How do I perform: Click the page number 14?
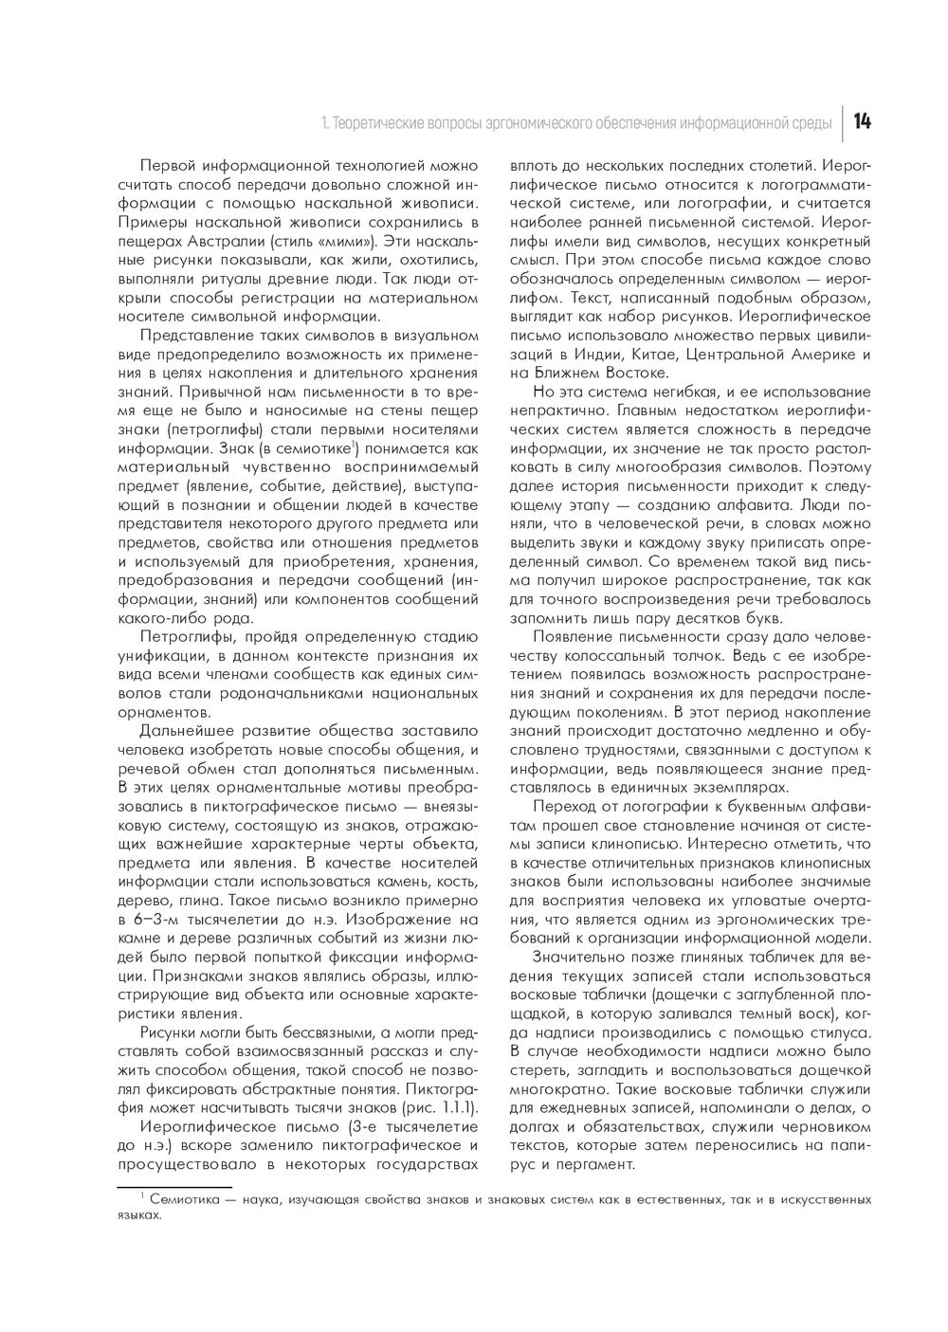tap(863, 121)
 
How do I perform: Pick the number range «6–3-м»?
tap(156, 919)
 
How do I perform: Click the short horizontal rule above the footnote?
tap(174, 1186)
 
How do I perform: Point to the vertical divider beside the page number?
tap(843, 121)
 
